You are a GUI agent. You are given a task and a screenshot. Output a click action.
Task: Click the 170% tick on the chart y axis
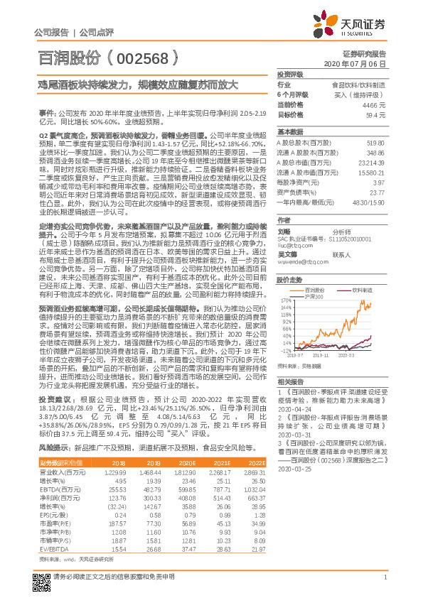click(x=284, y=300)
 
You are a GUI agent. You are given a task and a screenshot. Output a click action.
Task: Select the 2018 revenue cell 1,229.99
click(x=115, y=472)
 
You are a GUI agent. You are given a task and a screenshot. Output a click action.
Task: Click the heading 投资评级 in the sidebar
click(x=290, y=74)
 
